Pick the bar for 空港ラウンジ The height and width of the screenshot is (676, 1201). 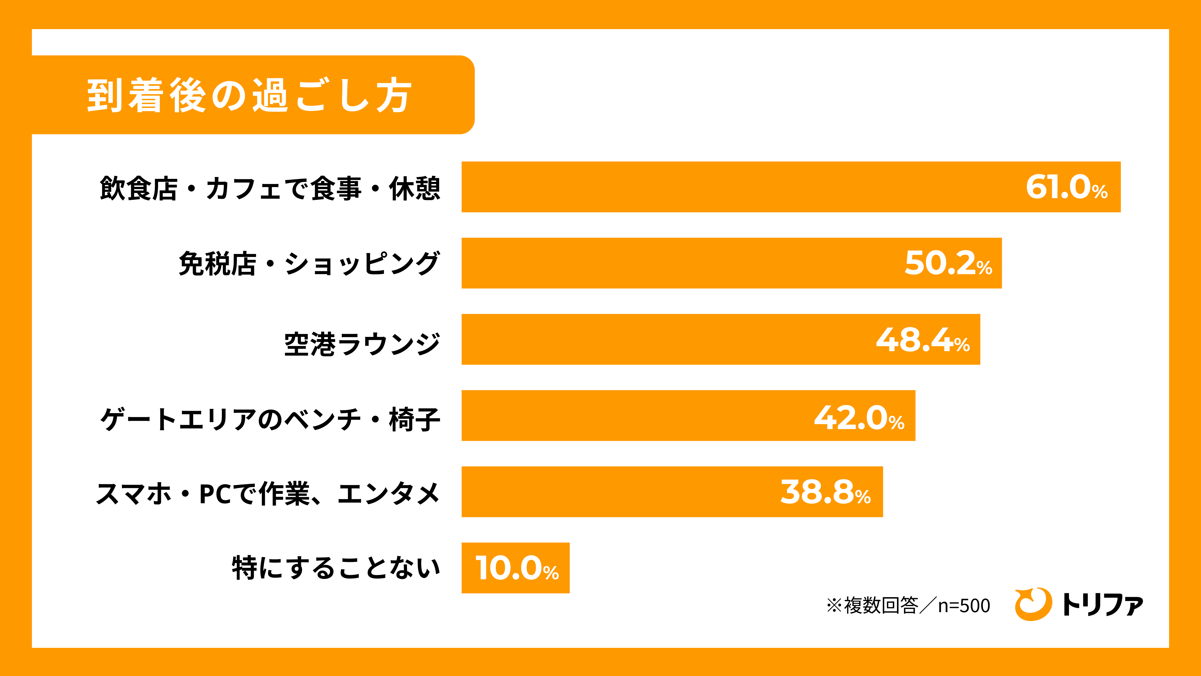721,339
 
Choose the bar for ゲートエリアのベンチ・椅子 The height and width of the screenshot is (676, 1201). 688,415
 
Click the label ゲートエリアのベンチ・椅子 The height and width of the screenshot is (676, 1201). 270,419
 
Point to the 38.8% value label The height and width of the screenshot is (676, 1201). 825,492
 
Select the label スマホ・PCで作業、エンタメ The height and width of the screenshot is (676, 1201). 268,494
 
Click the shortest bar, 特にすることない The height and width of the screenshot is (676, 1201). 515,568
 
